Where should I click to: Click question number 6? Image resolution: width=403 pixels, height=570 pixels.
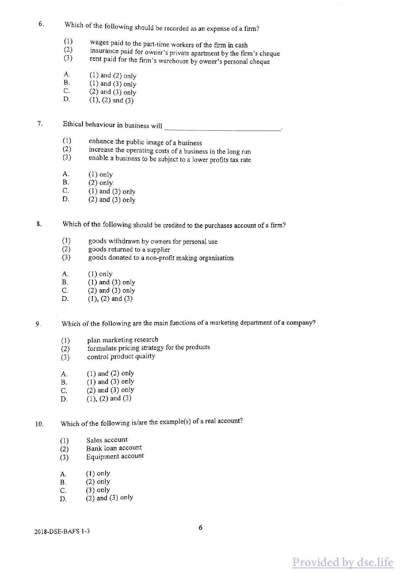[x=41, y=24]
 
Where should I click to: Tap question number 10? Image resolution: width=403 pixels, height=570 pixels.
[x=39, y=424]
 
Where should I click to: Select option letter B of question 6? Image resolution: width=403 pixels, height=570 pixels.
[x=67, y=83]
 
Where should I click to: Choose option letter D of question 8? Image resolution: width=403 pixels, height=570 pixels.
[x=65, y=299]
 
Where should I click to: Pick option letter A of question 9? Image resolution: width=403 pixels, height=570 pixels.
[x=64, y=374]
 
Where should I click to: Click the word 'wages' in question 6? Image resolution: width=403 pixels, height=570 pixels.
[x=99, y=43]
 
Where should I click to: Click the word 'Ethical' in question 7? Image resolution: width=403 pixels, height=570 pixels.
[x=73, y=124]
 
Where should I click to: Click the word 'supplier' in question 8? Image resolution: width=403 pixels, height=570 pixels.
[x=158, y=250]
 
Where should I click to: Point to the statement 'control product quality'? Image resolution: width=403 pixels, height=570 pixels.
[x=121, y=356]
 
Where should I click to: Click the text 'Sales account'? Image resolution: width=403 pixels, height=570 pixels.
[x=107, y=440]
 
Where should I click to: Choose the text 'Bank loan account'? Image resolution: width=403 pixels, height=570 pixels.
[x=114, y=448]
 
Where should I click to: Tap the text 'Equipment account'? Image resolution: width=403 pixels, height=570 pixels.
[x=115, y=456]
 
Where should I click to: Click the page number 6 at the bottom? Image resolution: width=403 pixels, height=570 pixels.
[x=200, y=527]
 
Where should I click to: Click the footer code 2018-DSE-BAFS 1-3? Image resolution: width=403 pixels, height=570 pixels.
[x=62, y=532]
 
